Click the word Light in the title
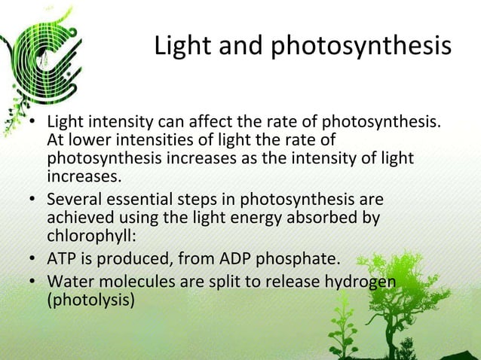182,47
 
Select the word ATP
63,260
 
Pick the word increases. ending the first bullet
83,178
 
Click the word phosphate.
301,261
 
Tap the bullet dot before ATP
34,260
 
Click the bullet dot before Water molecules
34,282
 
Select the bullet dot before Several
34,201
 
